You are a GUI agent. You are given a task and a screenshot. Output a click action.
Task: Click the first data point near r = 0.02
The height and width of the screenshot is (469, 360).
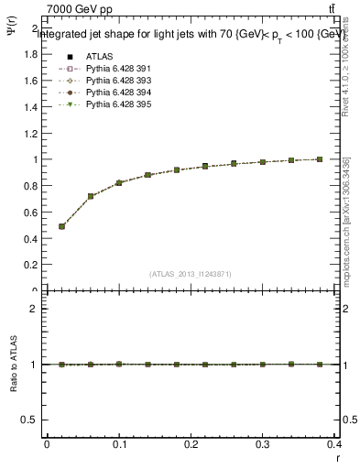coord(61,226)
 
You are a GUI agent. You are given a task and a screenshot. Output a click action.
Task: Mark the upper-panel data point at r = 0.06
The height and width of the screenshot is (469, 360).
coord(91,196)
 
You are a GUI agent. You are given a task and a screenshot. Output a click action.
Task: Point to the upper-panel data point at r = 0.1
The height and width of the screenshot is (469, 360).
coord(119,183)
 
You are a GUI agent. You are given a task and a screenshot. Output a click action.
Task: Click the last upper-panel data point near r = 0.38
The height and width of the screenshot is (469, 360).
coord(320,159)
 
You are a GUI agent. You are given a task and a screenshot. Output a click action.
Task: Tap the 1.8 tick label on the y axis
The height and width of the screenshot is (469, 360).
coord(30,54)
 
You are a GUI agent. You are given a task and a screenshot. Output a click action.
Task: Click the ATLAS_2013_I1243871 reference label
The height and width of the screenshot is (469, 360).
coord(191,274)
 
